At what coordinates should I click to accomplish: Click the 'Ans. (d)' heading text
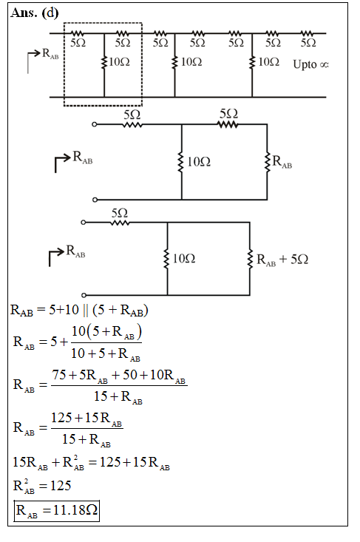coord(35,13)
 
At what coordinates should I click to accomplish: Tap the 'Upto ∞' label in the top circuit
coord(310,64)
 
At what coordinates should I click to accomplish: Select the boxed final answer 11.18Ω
coord(57,510)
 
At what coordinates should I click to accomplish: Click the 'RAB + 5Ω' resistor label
coord(282,260)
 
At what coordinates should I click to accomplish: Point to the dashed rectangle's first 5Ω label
coord(78,43)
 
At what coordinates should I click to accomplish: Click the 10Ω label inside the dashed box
coord(119,62)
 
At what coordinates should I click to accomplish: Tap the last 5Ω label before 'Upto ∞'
coord(308,43)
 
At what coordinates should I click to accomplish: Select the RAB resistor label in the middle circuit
coord(282,162)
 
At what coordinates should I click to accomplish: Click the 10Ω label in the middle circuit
coord(199,162)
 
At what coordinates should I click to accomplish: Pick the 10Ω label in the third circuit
coord(184,259)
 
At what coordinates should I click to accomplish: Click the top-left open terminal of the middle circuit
coord(95,124)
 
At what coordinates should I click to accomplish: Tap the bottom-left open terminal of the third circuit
coord(84,295)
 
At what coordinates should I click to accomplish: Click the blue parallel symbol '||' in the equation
coord(86,310)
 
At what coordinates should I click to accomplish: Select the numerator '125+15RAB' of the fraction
coord(86,419)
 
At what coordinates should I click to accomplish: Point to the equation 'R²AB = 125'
coord(42,486)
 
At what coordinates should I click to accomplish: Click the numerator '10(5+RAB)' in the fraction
coord(106,332)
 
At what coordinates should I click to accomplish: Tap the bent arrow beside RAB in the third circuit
coord(56,256)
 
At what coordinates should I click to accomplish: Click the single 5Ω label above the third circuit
coord(120,213)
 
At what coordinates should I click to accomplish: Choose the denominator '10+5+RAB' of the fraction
coord(106,353)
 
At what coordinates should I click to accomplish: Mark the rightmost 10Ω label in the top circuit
coord(269,62)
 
